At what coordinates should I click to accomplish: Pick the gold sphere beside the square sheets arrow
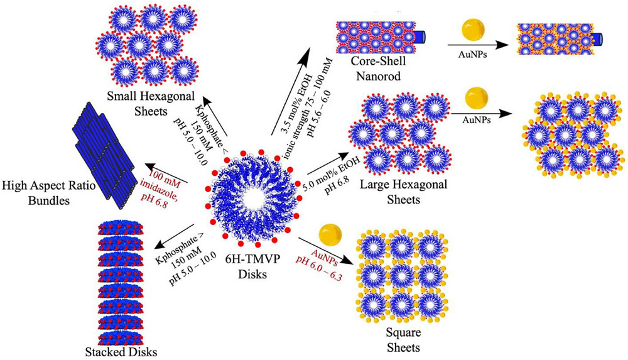pos(332,235)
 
